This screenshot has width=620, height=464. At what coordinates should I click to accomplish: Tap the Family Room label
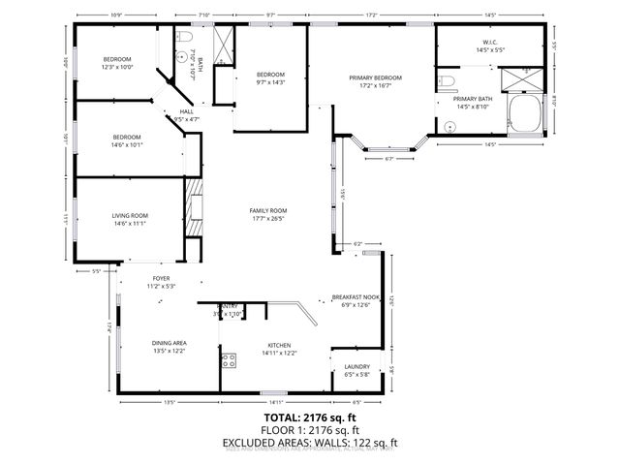pyautogui.click(x=268, y=210)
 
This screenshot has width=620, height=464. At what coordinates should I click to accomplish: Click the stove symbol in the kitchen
pyautogui.click(x=230, y=361)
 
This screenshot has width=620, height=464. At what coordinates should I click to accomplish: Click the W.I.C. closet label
pyautogui.click(x=489, y=42)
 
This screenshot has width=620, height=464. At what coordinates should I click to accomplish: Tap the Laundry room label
pyautogui.click(x=357, y=366)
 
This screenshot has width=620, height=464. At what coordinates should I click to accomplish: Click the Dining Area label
pyautogui.click(x=169, y=343)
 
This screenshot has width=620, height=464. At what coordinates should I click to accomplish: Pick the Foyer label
pyautogui.click(x=160, y=278)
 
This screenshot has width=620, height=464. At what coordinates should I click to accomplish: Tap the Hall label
pyautogui.click(x=187, y=111)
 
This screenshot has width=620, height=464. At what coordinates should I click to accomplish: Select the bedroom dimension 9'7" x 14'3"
pyautogui.click(x=270, y=82)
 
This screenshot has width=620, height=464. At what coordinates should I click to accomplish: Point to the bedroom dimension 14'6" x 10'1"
pyautogui.click(x=127, y=144)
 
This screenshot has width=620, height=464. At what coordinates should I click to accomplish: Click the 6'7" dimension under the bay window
pyautogui.click(x=389, y=159)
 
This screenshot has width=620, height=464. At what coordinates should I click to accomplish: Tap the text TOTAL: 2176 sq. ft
pyautogui.click(x=310, y=418)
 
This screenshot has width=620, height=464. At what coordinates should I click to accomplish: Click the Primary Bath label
pyautogui.click(x=473, y=99)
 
